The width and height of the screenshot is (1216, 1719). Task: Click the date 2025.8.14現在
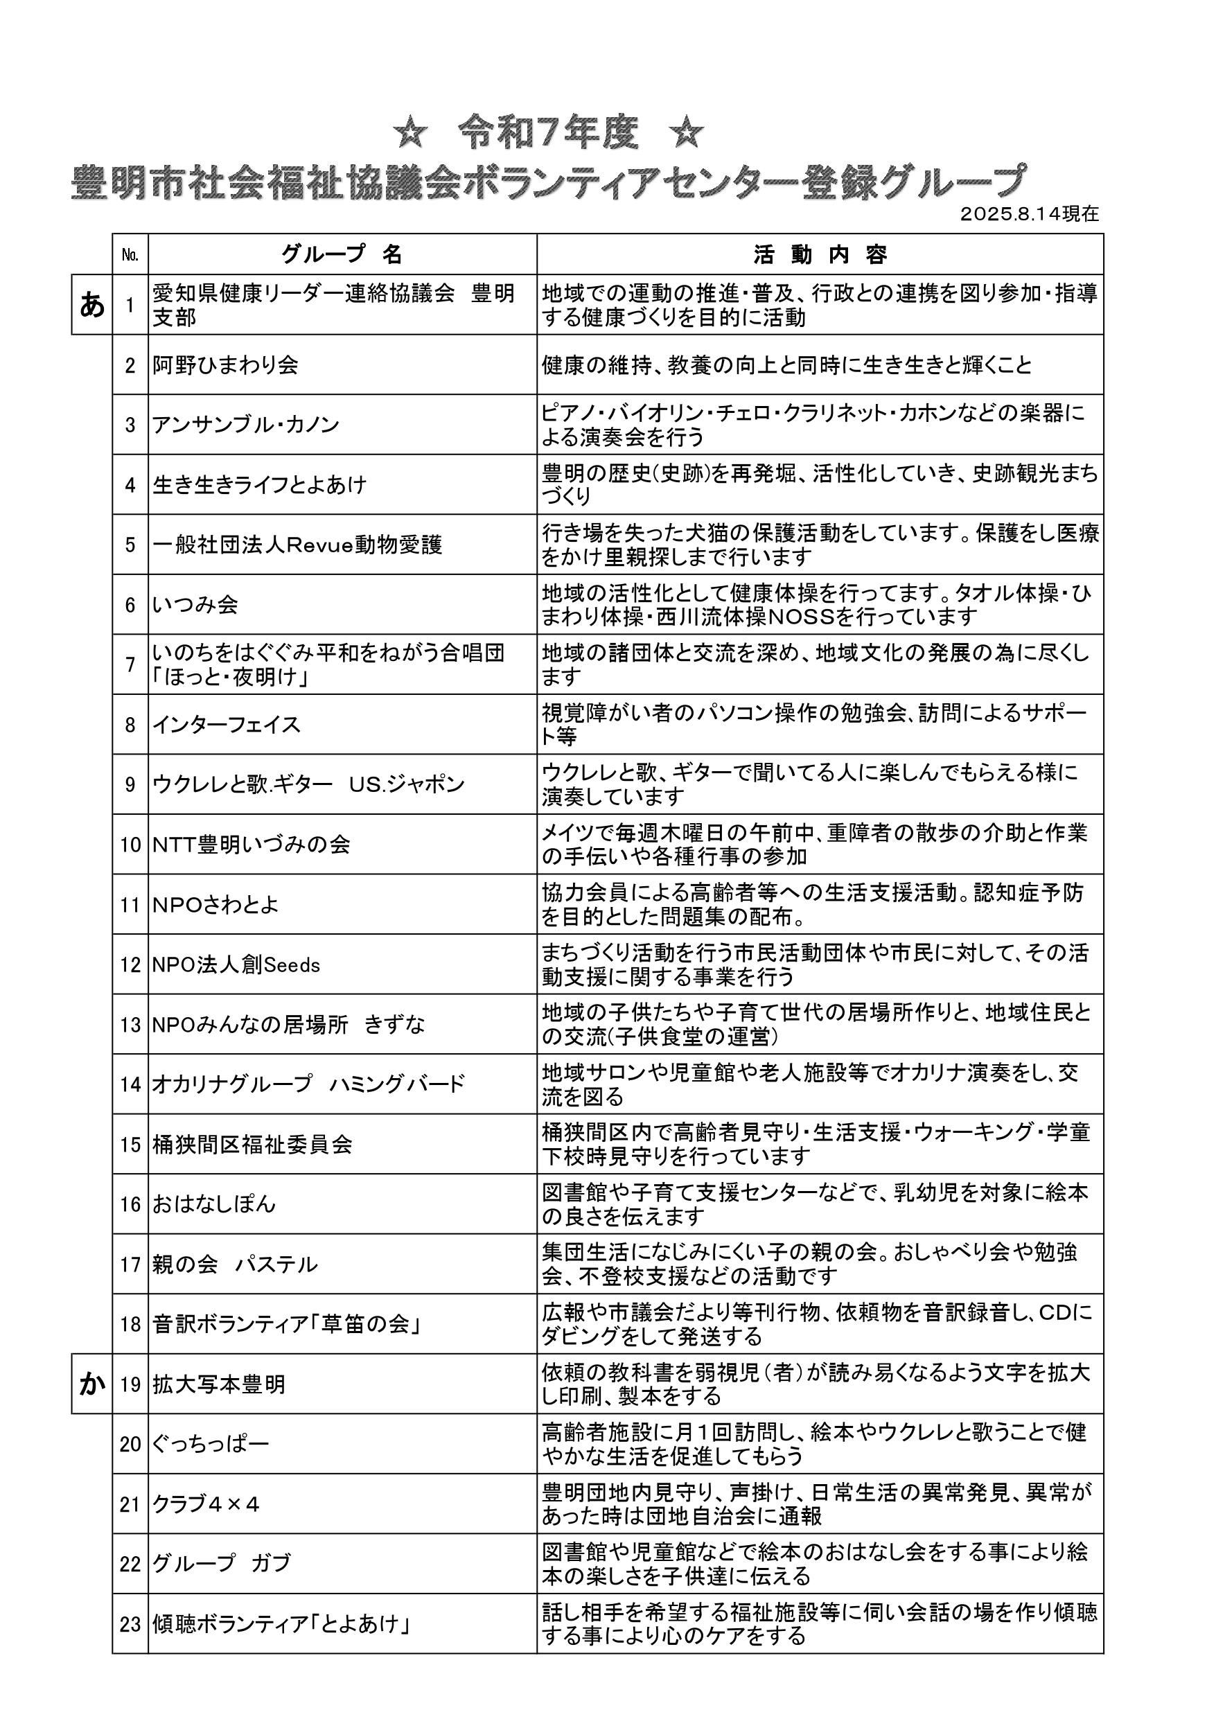tap(1029, 214)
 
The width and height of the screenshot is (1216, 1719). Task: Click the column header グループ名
tap(342, 255)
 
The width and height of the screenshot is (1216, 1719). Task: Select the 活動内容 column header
tap(820, 255)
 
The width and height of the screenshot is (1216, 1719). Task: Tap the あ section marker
tap(92, 305)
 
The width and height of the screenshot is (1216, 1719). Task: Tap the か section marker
tap(92, 1384)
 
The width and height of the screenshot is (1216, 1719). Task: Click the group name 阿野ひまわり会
tap(225, 365)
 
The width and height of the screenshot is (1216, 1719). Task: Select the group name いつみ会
tap(195, 605)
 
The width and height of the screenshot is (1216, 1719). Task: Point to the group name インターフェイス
tap(226, 725)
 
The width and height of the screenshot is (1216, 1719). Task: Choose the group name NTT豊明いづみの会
tap(251, 845)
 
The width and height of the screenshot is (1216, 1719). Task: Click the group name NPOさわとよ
tap(215, 905)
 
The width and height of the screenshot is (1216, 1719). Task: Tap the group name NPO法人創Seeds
tap(236, 965)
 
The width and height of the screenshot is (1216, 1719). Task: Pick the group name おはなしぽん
tap(214, 1205)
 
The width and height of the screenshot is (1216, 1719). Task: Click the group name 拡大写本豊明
tap(219, 1384)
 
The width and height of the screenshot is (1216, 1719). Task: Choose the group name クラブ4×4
tap(206, 1504)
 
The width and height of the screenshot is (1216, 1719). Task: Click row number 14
tap(130, 1085)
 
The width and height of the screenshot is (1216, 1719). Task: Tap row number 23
tap(130, 1624)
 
